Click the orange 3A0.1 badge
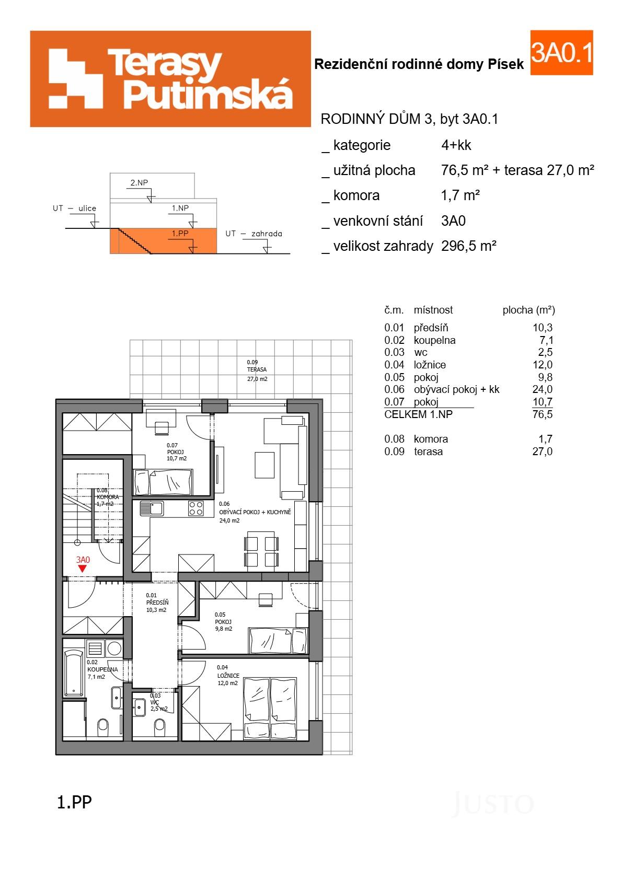click(561, 52)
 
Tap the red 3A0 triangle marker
click(83, 569)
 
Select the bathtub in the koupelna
click(74, 673)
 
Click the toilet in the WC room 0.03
click(159, 725)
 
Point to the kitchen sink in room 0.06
click(151, 508)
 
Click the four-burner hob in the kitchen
click(196, 508)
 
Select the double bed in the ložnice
click(270, 708)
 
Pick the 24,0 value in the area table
click(542, 389)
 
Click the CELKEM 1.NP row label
click(418, 414)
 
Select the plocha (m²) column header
click(528, 310)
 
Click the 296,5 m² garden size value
click(468, 246)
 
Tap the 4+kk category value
click(456, 145)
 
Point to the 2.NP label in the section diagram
click(139, 183)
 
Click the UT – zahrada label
click(254, 234)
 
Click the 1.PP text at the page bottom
click(74, 802)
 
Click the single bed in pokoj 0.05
click(278, 640)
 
